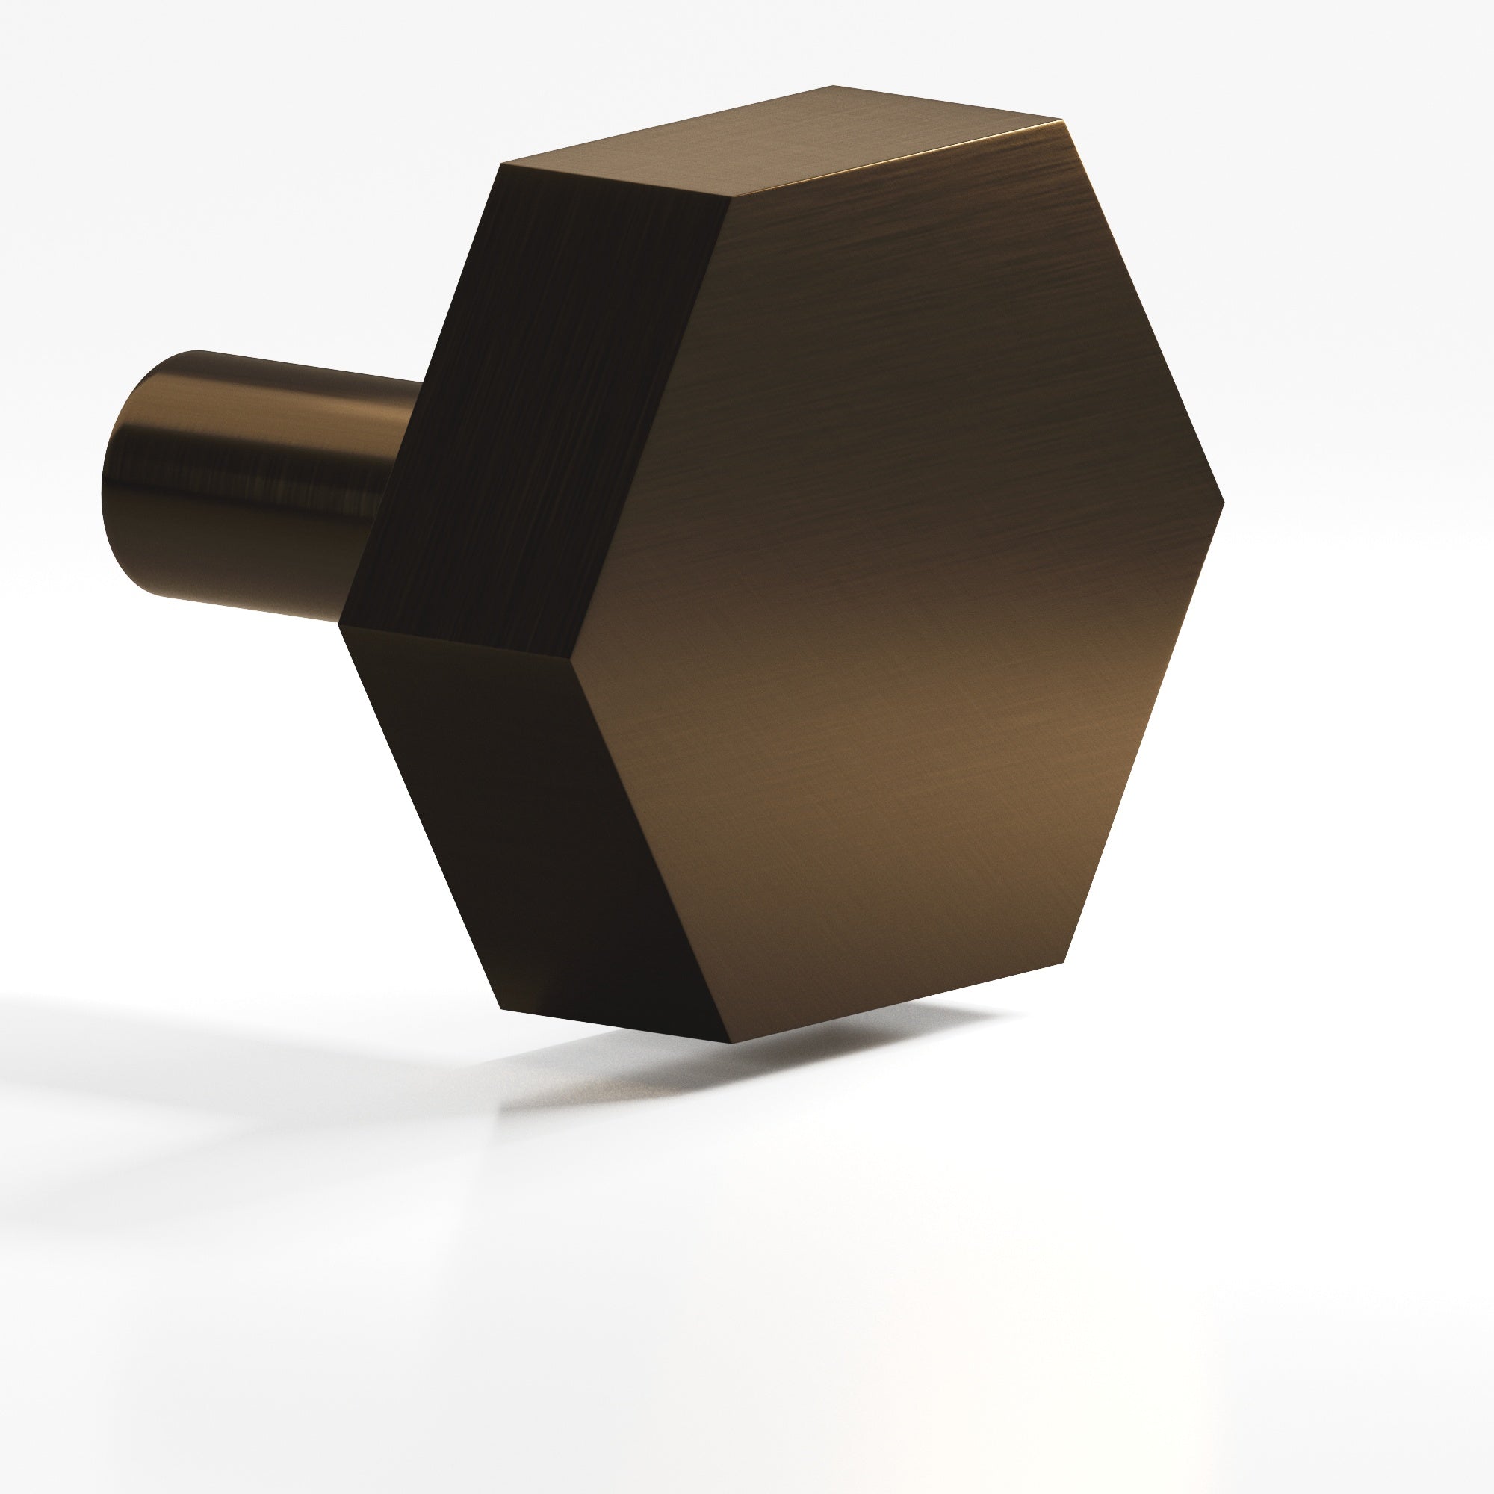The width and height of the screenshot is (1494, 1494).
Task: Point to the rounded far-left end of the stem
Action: [x=116, y=495]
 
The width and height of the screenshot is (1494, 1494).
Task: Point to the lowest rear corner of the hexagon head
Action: [x=501, y=1009]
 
